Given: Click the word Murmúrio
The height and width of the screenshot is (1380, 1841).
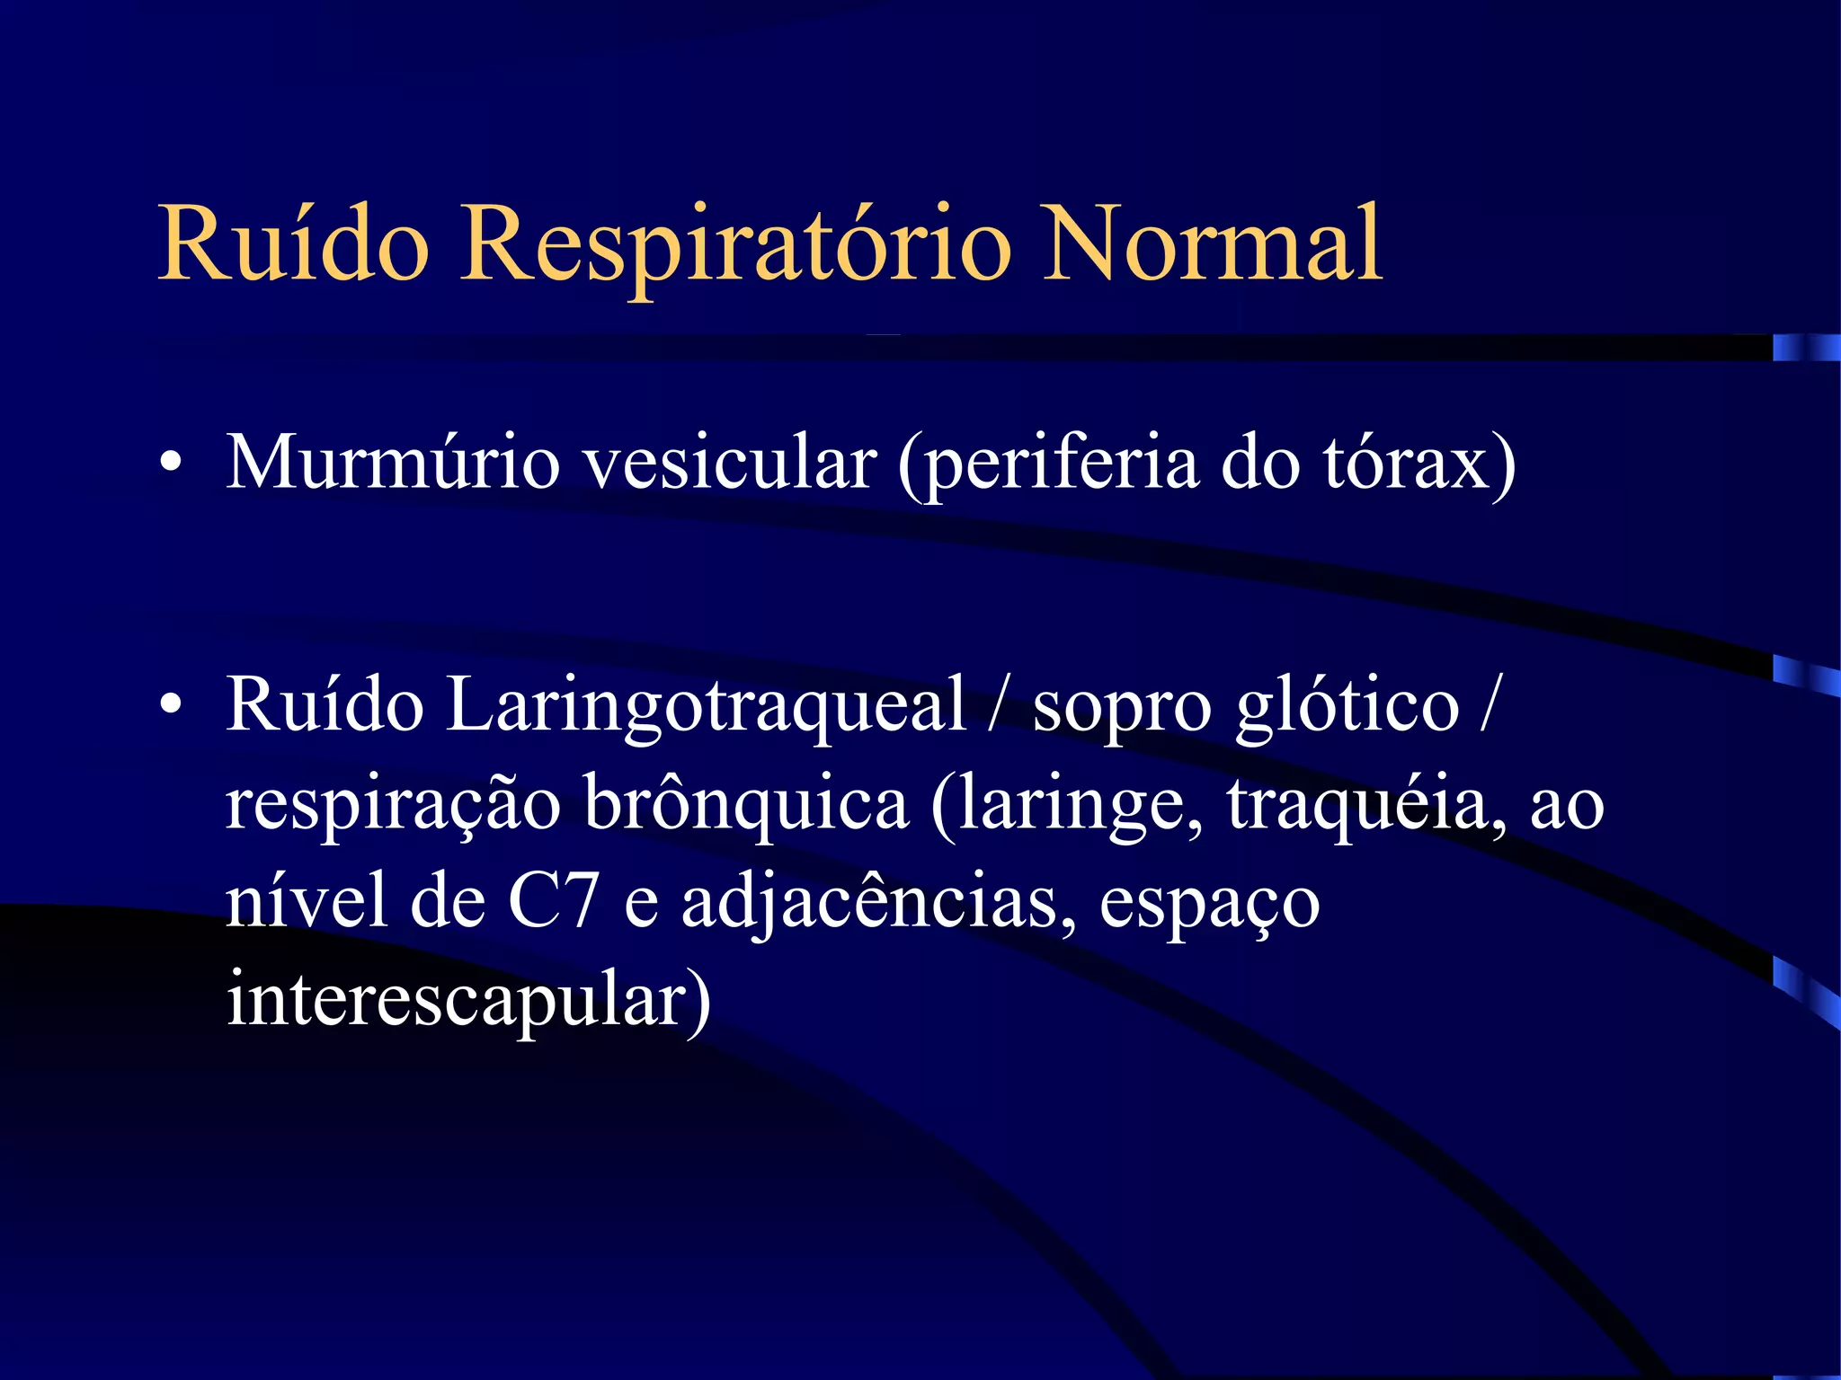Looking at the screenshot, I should [x=393, y=463].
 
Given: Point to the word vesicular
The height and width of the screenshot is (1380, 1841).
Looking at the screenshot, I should [x=729, y=463].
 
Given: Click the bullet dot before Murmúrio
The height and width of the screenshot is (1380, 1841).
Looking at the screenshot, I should [x=170, y=463].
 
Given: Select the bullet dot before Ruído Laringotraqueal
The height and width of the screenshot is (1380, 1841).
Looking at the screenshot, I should [x=170, y=703].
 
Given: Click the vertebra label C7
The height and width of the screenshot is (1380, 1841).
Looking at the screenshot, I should [x=553, y=901].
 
